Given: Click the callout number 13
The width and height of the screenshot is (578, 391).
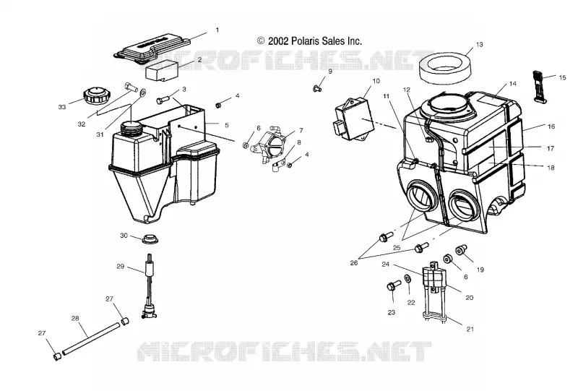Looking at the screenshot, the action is (x=479, y=45).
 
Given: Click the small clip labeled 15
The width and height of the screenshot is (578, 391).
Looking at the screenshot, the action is (x=539, y=86).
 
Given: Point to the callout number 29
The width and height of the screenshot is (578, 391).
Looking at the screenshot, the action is (x=120, y=266).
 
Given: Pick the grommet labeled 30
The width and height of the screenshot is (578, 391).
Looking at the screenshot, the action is (x=150, y=239).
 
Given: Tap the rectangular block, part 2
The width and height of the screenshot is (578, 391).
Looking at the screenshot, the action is (x=162, y=72).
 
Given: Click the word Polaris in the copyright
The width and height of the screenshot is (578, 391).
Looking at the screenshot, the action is (x=305, y=40).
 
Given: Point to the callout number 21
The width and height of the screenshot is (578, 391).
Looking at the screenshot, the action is (x=470, y=329).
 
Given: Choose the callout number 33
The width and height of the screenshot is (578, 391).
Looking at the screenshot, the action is (x=62, y=107).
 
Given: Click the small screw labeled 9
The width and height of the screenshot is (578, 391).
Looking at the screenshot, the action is (x=316, y=88).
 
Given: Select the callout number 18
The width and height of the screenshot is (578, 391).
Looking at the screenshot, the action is (x=551, y=168).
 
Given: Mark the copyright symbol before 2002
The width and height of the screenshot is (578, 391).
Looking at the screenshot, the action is (x=261, y=40).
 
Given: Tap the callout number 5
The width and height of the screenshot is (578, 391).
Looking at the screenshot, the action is (x=227, y=125).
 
